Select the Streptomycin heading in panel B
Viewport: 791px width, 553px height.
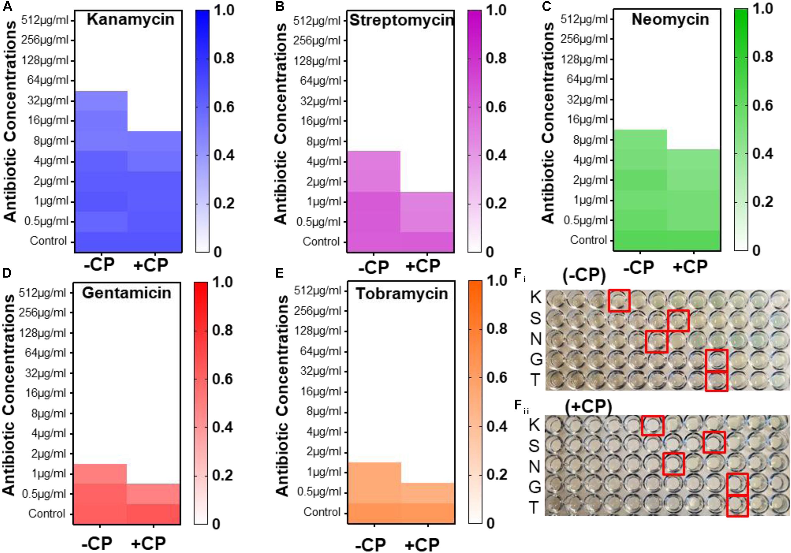pyautogui.click(x=402, y=20)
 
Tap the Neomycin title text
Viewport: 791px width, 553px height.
pyautogui.click(x=670, y=20)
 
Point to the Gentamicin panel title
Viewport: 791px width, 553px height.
pyautogui.click(x=127, y=293)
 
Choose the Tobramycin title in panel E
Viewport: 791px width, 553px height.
pyautogui.click(x=402, y=294)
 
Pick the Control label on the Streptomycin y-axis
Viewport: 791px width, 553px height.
pyautogui.click(x=321, y=242)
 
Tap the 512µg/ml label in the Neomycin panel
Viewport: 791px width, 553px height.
pyautogui.click(x=584, y=19)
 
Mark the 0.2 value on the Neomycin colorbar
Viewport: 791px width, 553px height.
pyautogui.click(x=763, y=202)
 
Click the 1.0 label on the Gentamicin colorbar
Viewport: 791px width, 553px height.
pyautogui.click(x=222, y=282)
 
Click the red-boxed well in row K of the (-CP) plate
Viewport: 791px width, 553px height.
pyautogui.click(x=619, y=300)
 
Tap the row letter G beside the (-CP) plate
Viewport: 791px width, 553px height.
pyautogui.click(x=536, y=360)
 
